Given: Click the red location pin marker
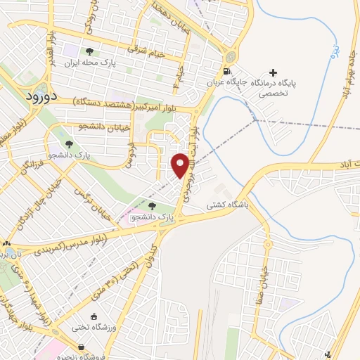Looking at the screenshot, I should pos(181,165).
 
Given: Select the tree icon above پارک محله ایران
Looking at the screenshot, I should pos(89,51).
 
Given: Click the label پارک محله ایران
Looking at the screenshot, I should pos(89,63).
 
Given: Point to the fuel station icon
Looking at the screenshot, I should pos(226,71).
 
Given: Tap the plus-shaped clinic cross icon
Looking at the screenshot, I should pos(273,72).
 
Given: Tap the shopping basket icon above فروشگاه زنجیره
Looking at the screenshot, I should pos(82,347).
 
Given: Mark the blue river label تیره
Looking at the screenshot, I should pos(336,51).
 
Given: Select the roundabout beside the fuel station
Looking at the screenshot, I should pos(230,56).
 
